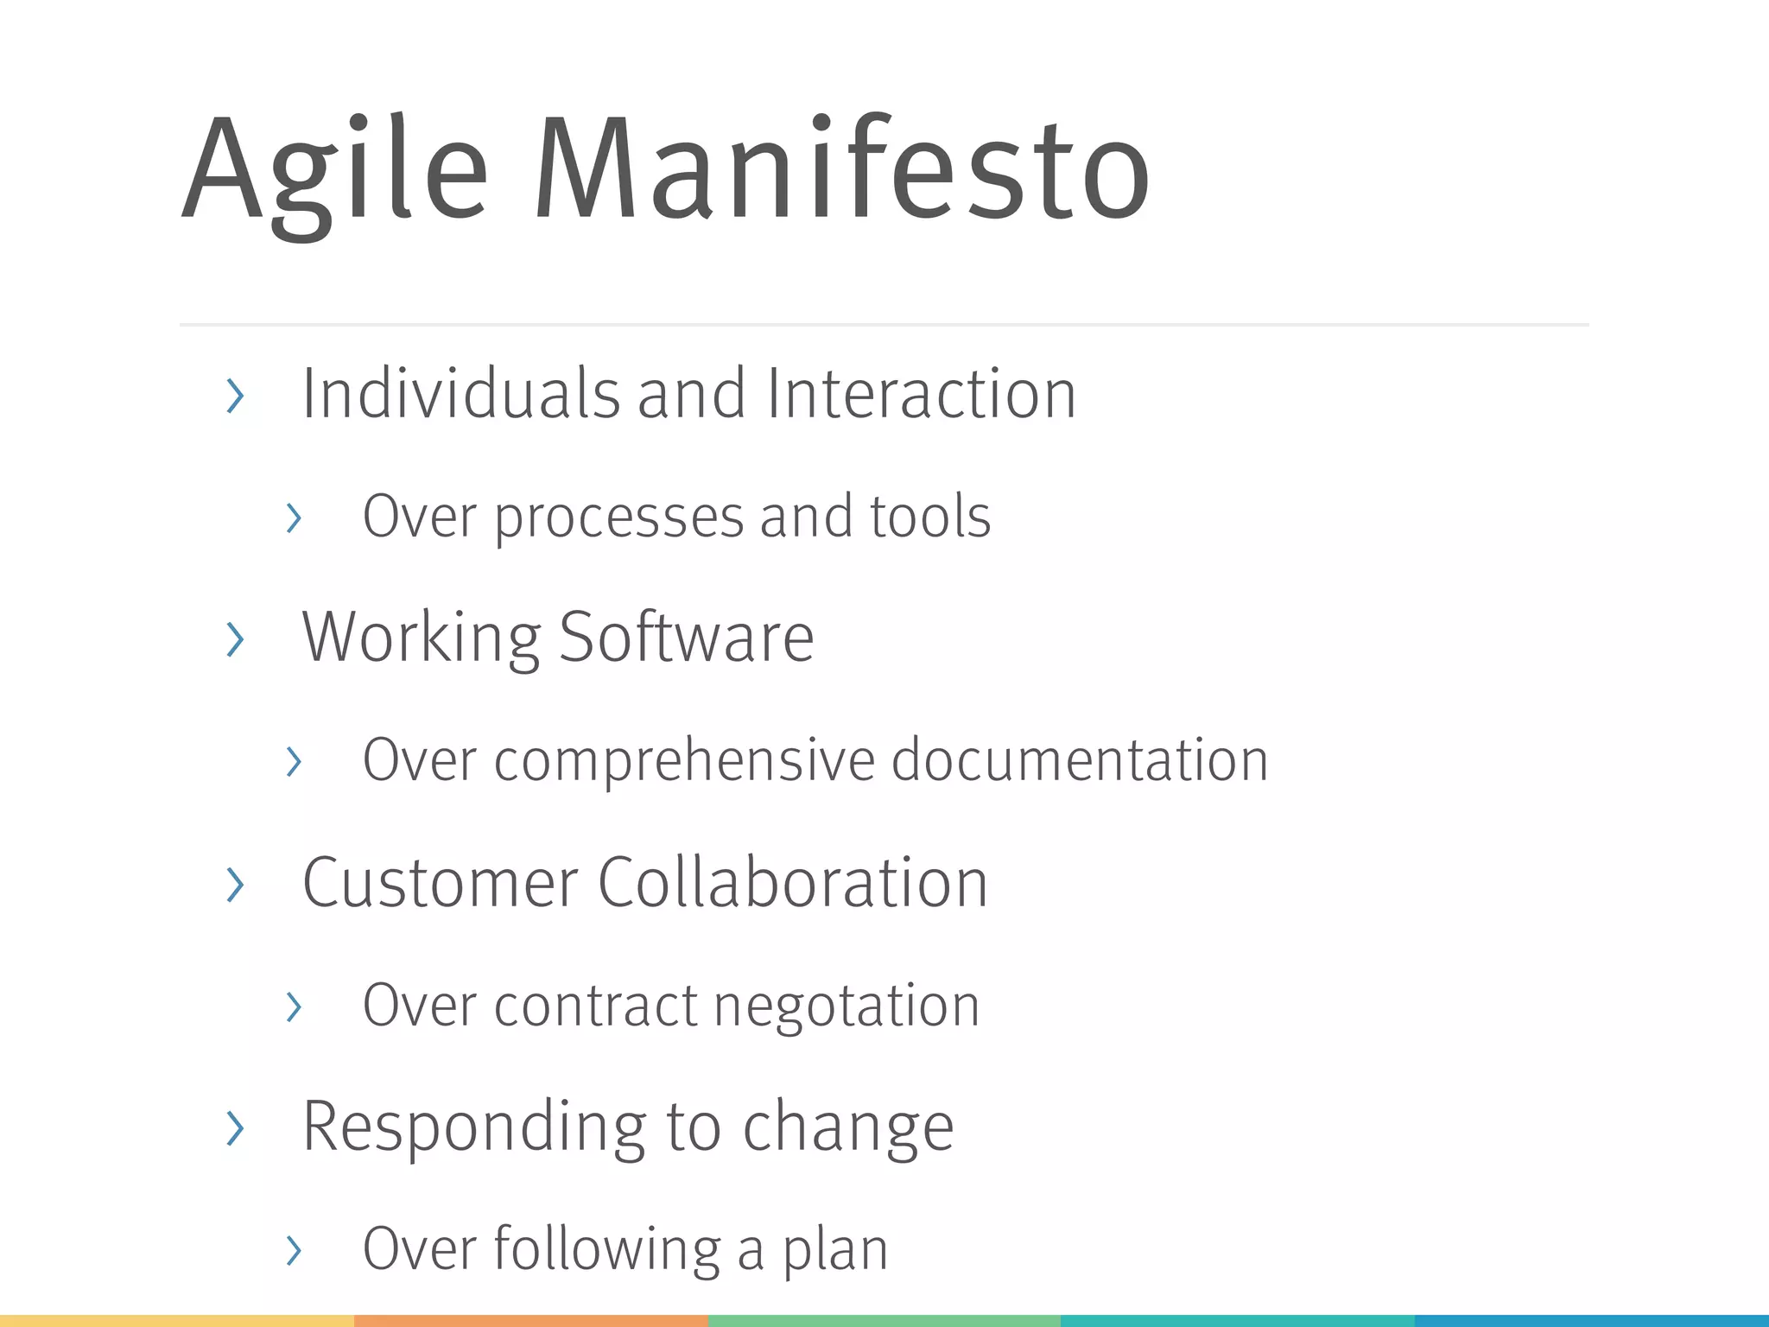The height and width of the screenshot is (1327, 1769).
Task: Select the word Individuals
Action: [x=460, y=394]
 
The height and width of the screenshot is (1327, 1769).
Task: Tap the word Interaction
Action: [x=921, y=394]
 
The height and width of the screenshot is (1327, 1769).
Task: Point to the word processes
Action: [x=618, y=518]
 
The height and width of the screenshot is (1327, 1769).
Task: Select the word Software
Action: [x=687, y=638]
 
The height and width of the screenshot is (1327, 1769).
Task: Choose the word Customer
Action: [x=440, y=883]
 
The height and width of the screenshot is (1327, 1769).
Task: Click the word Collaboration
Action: [x=792, y=883]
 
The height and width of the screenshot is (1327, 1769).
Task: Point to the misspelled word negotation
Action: [x=846, y=1007]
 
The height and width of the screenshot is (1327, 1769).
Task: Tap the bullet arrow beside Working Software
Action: [x=234, y=639]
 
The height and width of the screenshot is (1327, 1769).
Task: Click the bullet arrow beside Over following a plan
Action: [x=294, y=1251]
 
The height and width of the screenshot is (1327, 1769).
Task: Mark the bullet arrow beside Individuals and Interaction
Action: [x=234, y=396]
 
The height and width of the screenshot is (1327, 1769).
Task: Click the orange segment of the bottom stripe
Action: [x=530, y=1321]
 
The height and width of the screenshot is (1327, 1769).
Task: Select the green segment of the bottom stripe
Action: [x=884, y=1321]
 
